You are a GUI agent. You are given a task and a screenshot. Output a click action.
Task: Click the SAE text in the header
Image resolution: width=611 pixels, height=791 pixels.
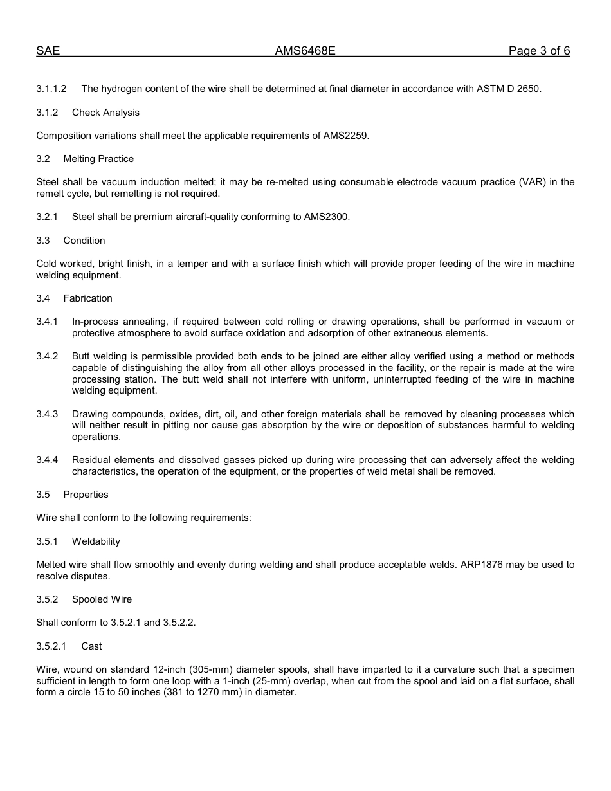point(48,51)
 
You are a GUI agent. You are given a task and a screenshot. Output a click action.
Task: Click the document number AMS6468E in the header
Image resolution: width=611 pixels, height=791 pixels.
point(305,51)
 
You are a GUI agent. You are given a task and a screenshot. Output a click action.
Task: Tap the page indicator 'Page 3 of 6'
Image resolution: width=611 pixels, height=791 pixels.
point(539,51)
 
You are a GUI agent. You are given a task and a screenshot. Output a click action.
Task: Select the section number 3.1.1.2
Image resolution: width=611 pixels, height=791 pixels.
point(51,89)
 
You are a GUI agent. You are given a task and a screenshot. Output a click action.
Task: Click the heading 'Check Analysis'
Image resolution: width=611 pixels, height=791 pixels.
point(105,113)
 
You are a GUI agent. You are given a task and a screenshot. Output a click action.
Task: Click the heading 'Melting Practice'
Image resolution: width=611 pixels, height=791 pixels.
point(98,159)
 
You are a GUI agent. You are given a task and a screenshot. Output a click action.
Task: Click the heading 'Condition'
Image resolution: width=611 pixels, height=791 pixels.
point(84,241)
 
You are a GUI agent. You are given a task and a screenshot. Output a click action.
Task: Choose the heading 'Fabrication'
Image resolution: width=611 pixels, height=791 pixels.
point(87,298)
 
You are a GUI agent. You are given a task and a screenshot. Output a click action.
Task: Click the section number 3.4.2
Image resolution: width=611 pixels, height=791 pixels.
point(47,356)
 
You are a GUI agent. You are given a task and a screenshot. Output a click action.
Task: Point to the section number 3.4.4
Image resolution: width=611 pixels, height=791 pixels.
point(47,460)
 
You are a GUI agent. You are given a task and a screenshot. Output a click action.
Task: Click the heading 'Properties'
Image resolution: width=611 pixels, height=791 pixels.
point(86,495)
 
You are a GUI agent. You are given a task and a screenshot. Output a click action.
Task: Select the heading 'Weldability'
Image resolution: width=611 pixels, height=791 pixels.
point(96,541)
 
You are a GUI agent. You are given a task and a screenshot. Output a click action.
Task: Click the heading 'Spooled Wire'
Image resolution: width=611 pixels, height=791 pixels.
point(102,599)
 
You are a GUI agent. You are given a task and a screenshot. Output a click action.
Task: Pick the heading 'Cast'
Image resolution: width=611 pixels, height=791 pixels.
point(91,646)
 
